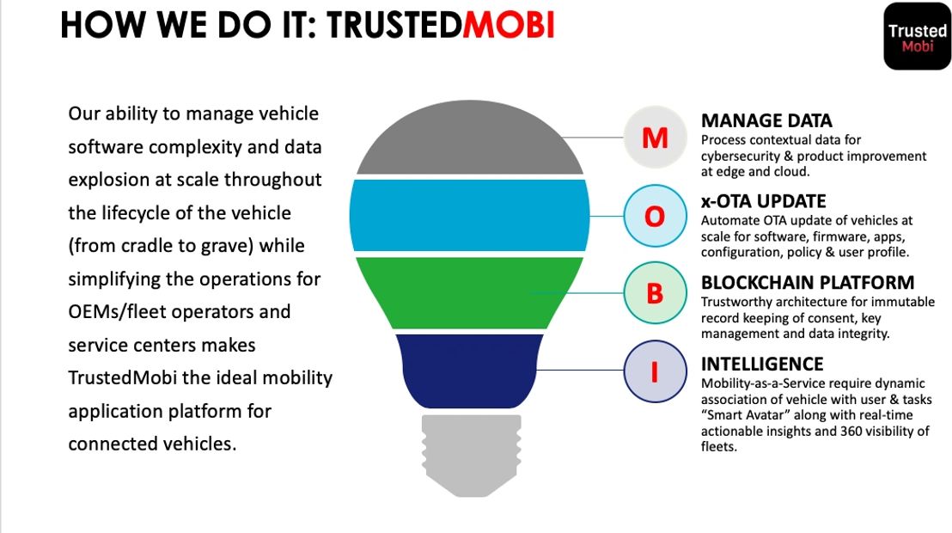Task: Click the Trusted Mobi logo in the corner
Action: point(917,36)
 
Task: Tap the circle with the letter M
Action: point(655,137)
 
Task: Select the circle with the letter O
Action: point(655,217)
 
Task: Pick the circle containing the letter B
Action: point(655,293)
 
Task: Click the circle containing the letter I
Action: point(655,371)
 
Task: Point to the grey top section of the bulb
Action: point(470,146)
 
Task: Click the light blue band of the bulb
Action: point(470,214)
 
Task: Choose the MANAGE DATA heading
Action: point(766,120)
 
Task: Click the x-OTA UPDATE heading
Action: point(763,201)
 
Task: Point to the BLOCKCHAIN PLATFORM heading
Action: point(807,282)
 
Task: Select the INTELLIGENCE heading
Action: point(762,364)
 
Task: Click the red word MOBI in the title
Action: point(508,26)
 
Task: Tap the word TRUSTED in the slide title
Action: point(394,26)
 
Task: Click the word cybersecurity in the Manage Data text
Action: point(741,156)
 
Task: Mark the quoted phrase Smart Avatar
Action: point(744,415)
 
